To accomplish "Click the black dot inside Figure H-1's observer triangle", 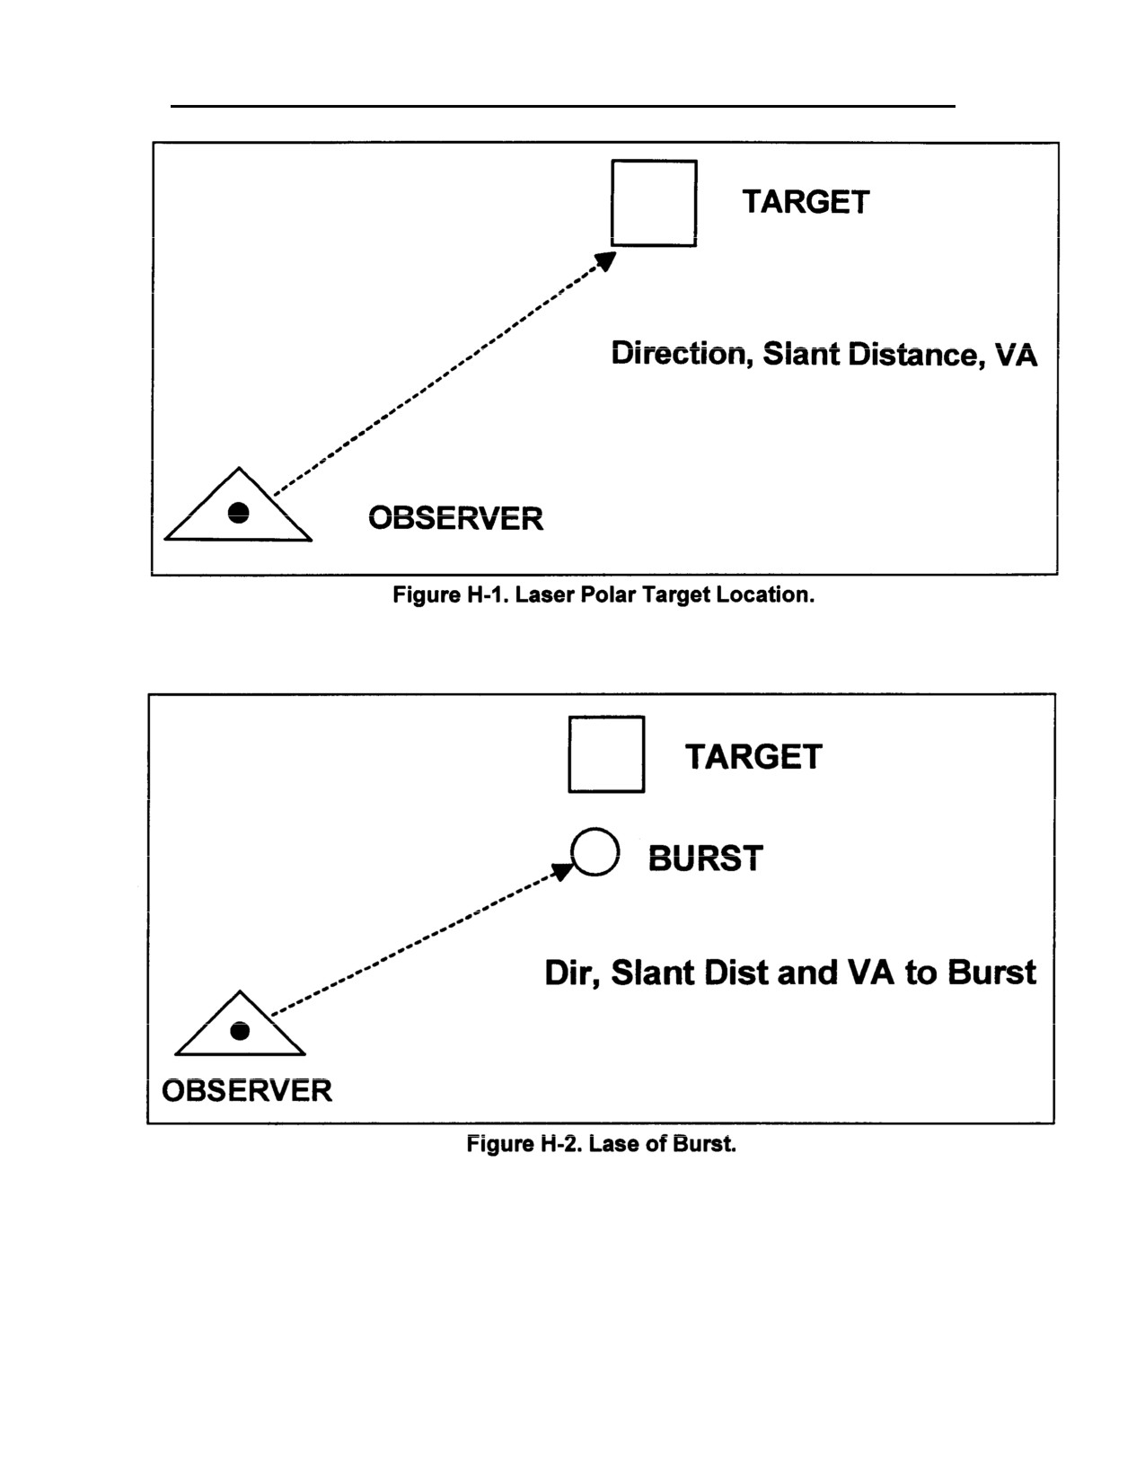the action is click(238, 513).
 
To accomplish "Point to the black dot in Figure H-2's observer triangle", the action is click(240, 1031).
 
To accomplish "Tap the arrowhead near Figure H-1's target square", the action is click(606, 260).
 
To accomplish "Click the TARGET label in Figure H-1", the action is click(806, 202).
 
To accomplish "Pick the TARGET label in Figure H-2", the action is click(753, 757).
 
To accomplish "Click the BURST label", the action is click(706, 858).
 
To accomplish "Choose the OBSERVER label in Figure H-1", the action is click(456, 519).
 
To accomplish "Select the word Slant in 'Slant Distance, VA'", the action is click(801, 354).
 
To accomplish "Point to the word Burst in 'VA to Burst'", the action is click(992, 972).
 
